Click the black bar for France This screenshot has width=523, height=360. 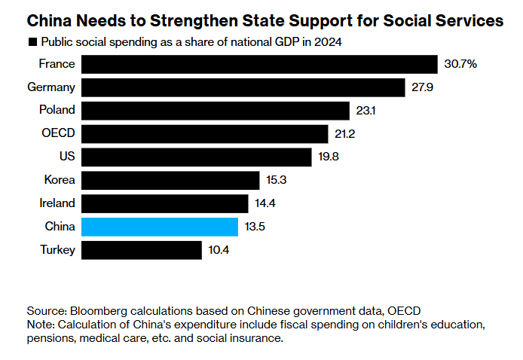click(259, 64)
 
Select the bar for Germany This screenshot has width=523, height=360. click(243, 87)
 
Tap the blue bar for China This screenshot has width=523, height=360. click(160, 227)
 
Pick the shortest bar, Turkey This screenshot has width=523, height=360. click(142, 250)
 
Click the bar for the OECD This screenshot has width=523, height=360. click(205, 134)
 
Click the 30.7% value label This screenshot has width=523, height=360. click(461, 64)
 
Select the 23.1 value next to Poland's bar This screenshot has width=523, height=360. click(365, 111)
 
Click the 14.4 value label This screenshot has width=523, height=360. click(267, 203)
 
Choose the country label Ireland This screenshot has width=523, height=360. click(57, 203)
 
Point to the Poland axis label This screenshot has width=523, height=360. click(57, 110)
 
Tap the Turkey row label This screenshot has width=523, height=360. click(57, 250)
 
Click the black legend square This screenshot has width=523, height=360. click(32, 42)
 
